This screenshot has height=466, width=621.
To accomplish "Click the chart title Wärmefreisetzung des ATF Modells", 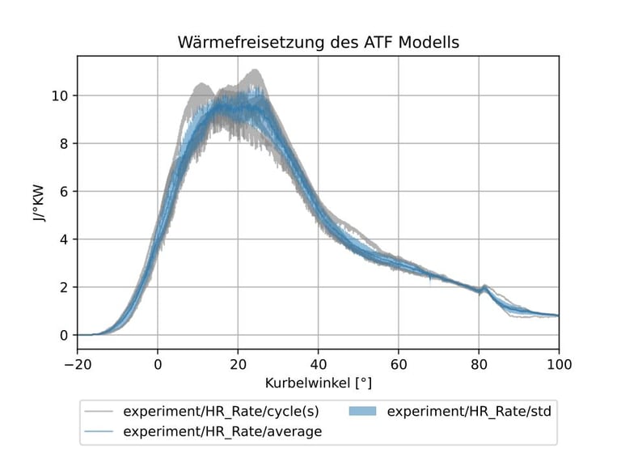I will coord(318,42).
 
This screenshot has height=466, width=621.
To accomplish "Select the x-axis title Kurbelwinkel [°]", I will coord(318,381).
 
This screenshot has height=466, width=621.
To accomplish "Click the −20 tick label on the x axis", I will coord(78,364).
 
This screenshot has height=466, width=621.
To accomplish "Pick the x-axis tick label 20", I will coord(238,364).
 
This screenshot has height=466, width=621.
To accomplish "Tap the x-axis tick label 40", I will coord(318,364).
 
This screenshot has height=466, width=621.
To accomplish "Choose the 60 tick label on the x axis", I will coord(398,364).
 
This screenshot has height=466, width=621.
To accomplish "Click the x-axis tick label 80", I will coord(478,364).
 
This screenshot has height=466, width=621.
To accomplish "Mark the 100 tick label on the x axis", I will coord(558,364).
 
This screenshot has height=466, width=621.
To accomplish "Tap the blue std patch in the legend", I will coord(365,411).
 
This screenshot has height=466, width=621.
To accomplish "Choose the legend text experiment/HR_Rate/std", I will coord(469,411).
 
